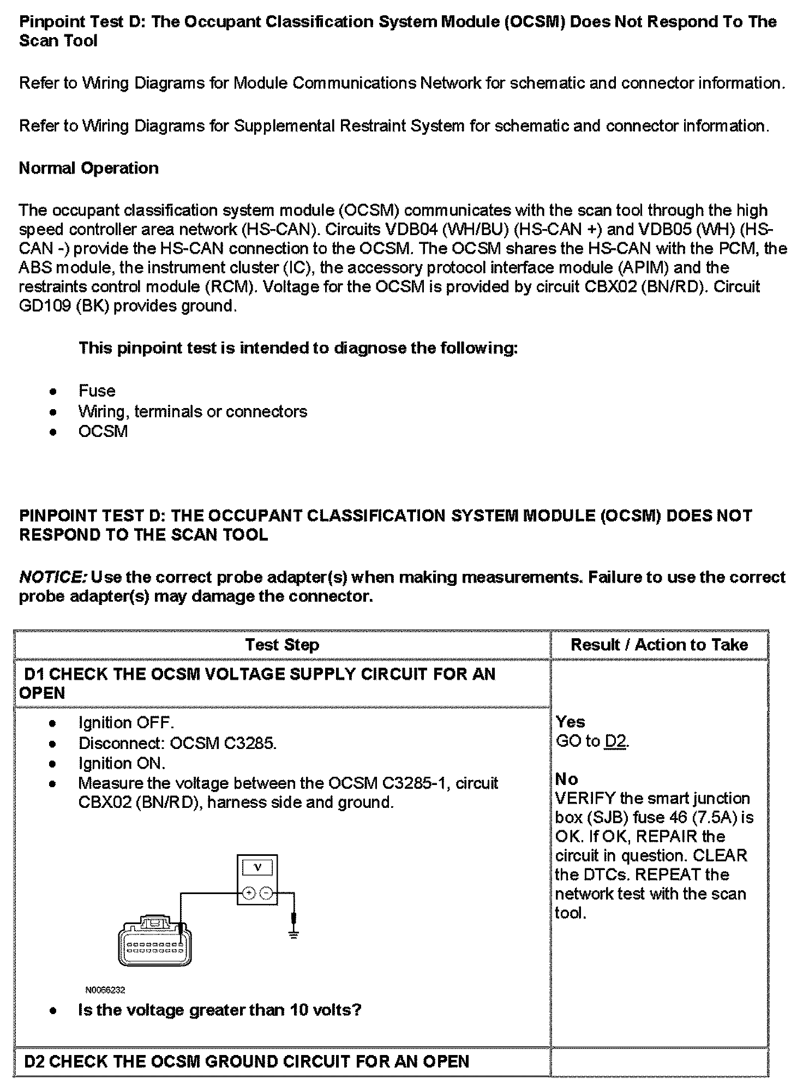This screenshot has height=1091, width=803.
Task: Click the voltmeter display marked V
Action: coord(257,867)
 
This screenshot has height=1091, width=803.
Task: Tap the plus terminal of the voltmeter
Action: coord(249,893)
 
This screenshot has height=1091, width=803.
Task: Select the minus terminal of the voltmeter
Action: coord(266,893)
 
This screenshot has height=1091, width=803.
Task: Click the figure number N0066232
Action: coord(105,990)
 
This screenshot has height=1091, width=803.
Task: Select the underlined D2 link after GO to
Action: coord(616,741)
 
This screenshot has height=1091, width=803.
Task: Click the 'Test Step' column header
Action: coord(282,645)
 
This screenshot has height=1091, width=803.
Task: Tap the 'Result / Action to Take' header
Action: coord(659,645)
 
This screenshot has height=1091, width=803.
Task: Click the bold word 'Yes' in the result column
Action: coord(570,722)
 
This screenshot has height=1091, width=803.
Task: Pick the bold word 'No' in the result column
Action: coord(566,779)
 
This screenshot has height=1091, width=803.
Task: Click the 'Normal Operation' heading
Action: coord(89,168)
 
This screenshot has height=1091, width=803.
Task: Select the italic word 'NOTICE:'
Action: coord(52,577)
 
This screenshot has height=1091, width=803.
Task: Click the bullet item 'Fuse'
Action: coord(97,391)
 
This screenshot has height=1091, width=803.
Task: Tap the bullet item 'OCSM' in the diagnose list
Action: coord(103,431)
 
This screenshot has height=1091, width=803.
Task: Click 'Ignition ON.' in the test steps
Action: coord(122,763)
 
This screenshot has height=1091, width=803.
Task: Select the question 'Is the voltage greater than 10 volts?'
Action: coord(220,1010)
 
